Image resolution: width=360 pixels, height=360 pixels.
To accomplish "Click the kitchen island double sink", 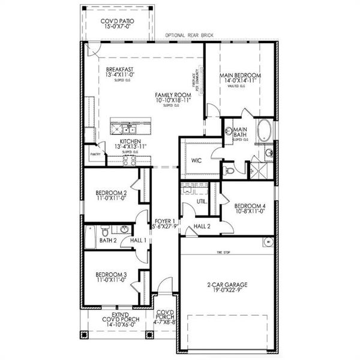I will coord(126,127).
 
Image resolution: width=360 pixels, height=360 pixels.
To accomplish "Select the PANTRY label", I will coord(94,154).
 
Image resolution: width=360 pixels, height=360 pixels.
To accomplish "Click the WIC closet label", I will coord(196,161).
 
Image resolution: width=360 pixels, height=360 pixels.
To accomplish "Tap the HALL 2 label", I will coord(201,226).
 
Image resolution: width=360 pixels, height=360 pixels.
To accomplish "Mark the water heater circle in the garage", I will coord(268,242).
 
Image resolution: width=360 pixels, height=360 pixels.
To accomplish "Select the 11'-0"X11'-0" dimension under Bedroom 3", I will coord(110,280).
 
